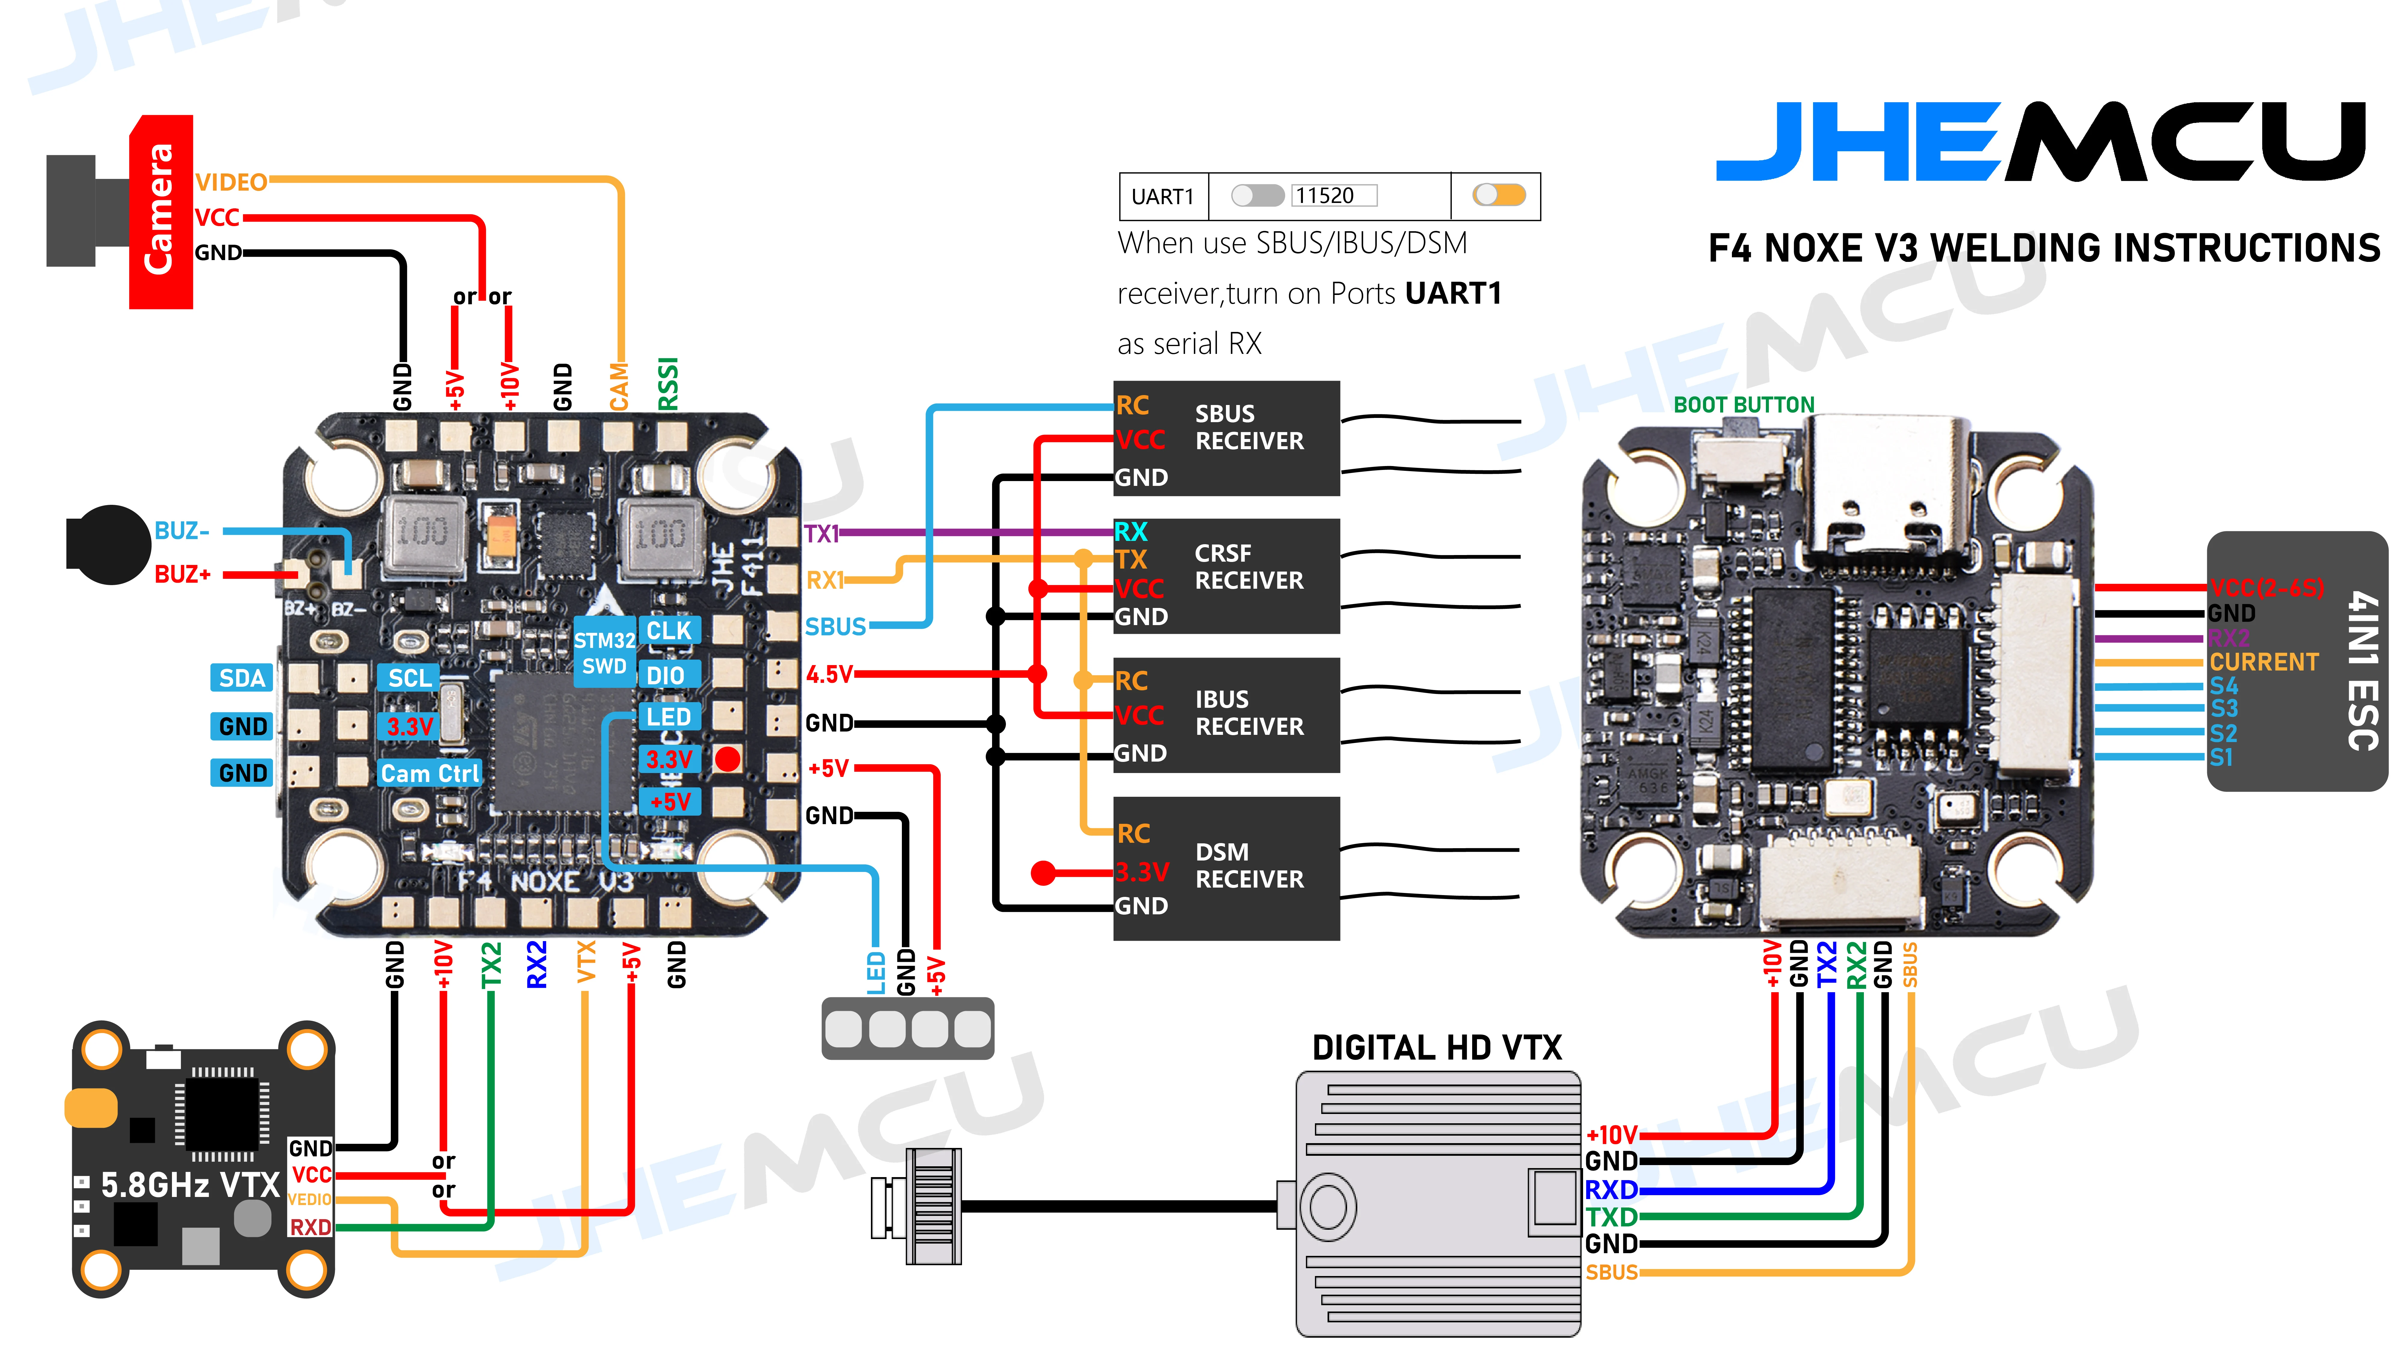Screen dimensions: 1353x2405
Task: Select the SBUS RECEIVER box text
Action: click(1248, 428)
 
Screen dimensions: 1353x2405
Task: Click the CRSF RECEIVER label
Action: click(1248, 567)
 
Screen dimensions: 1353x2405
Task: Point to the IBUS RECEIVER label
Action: click(1248, 713)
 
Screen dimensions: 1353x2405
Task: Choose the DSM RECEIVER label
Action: click(1248, 866)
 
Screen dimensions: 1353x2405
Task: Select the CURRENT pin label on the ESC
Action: click(2263, 662)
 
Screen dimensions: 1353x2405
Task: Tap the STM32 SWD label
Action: click(604, 653)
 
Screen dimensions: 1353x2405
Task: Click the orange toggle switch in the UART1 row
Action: click(1498, 195)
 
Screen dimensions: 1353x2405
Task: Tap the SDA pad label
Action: click(242, 678)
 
